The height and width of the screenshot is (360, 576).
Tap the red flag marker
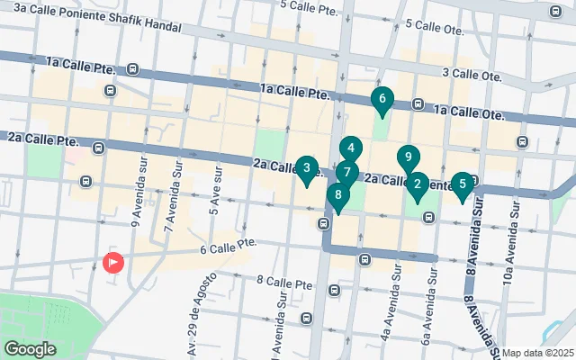(x=113, y=263)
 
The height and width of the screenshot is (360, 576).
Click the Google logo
(x=30, y=349)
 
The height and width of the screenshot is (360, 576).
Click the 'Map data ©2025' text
(x=537, y=353)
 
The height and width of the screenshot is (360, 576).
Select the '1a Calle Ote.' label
(x=468, y=113)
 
